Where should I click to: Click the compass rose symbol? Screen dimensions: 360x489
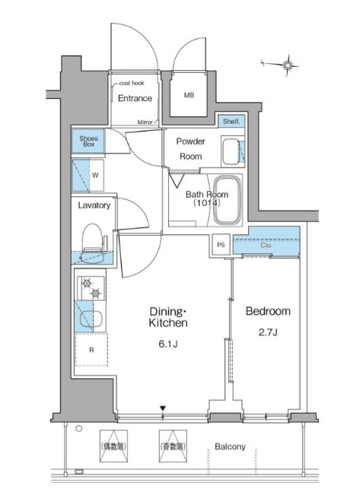coord(287,65)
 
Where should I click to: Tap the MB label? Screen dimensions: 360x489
coord(189,95)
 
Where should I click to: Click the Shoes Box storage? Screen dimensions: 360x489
coord(88,141)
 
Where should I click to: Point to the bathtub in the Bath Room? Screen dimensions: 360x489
coord(228,200)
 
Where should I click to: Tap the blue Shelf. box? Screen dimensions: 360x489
coord(231,121)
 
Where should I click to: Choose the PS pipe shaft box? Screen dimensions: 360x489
coord(221,245)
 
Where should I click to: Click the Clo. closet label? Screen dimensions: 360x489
coord(266,246)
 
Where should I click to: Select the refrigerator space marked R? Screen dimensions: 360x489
coord(91,350)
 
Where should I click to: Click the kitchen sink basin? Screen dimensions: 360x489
coord(91,319)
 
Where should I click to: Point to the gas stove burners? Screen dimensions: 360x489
coord(91,288)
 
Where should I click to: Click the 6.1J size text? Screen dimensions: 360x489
coord(168,344)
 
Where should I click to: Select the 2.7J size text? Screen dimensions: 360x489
coord(268,332)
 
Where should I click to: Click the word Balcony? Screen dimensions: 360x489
coord(230,446)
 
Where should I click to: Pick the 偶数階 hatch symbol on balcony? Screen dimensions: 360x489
coord(113,446)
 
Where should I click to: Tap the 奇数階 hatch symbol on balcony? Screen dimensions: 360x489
coord(173,446)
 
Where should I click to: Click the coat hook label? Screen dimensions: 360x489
coord(132,83)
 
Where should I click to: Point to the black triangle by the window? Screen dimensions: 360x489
coord(163,408)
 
